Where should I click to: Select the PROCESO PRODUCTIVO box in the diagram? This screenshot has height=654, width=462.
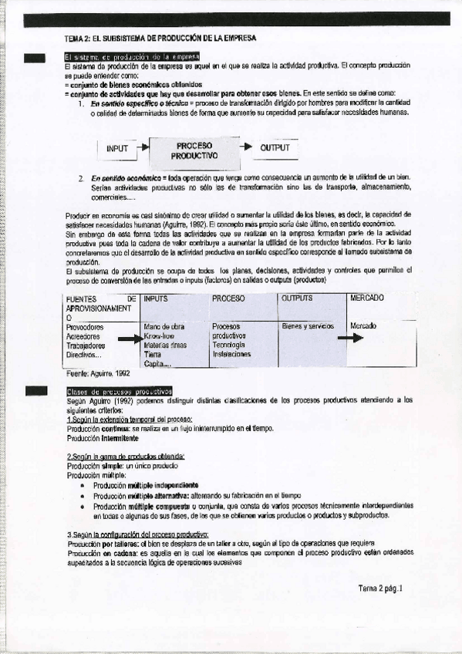194,150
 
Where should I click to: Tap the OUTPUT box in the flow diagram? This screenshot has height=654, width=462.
275,148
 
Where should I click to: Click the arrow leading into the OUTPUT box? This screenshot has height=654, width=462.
246,147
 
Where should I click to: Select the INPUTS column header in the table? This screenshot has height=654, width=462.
156,298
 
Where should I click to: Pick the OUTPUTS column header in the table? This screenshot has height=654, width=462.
298,298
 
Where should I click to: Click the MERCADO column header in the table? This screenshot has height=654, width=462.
368,298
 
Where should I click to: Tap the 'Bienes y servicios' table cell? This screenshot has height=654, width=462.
307,326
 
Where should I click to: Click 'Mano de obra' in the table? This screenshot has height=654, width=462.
164,327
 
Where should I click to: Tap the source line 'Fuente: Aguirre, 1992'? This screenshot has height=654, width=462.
99,373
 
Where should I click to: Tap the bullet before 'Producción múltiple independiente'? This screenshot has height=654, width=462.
83,487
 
